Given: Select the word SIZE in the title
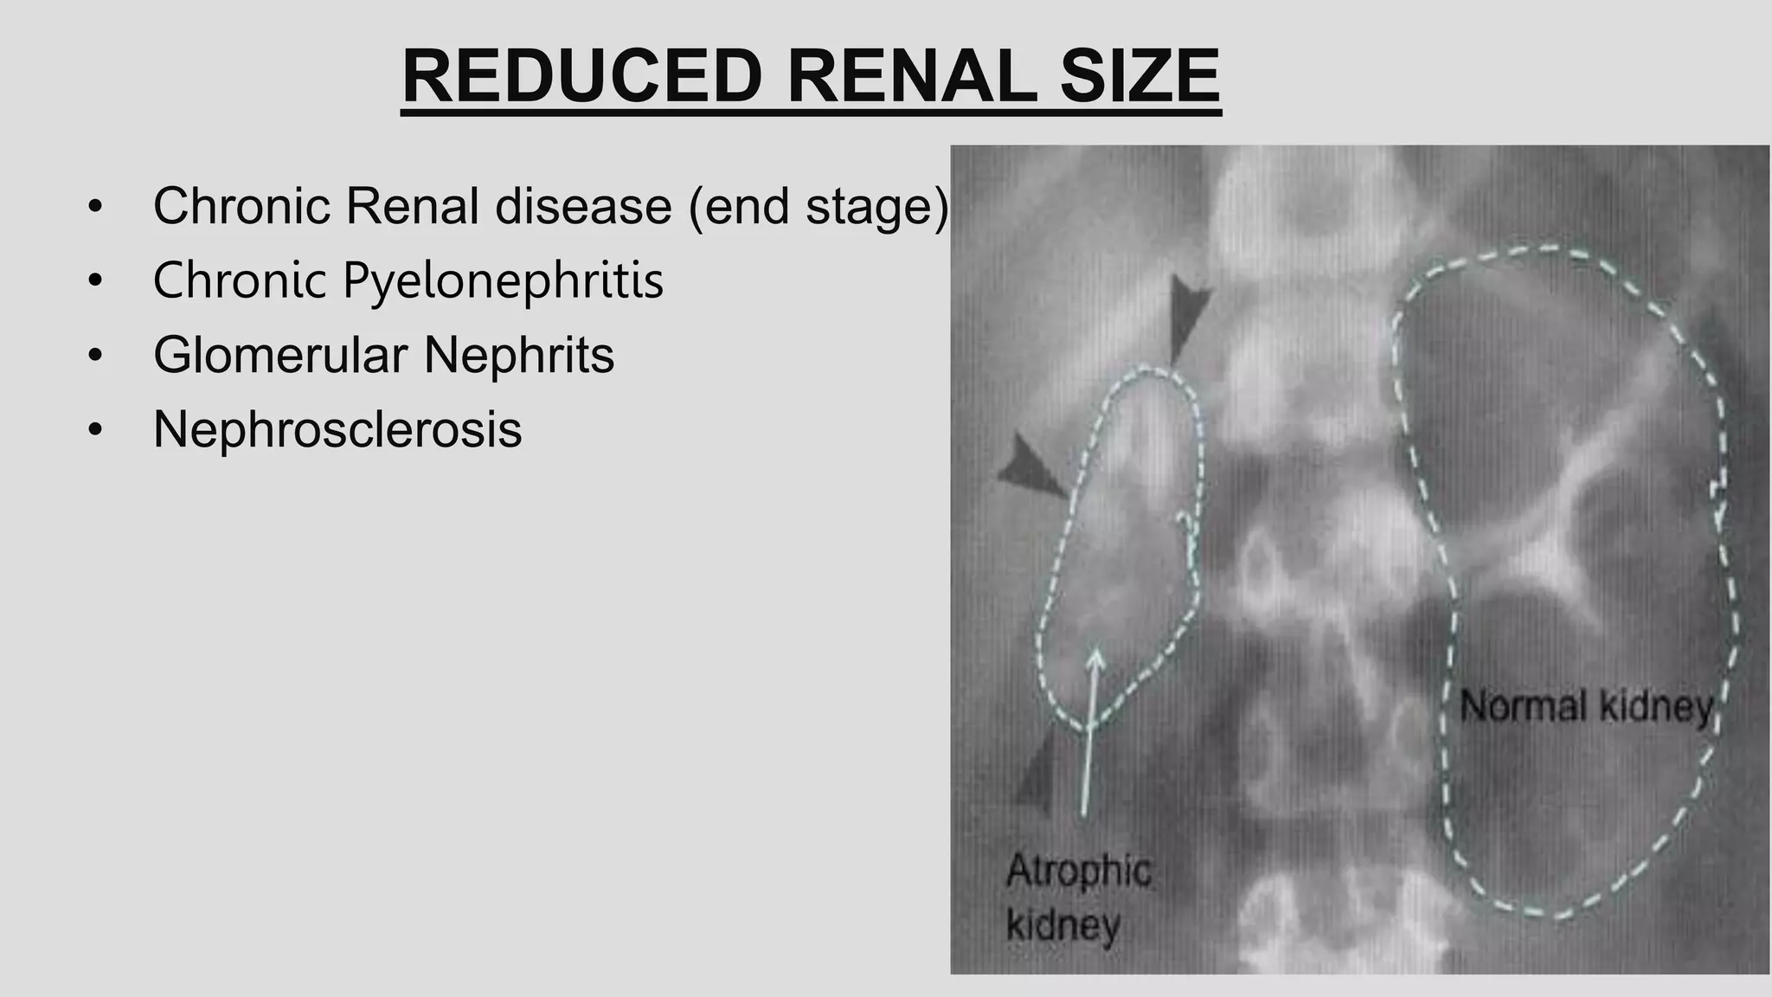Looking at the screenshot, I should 1140,78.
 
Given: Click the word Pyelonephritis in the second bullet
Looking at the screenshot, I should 503,280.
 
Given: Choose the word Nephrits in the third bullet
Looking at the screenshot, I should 518,355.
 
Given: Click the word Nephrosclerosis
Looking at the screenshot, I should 337,429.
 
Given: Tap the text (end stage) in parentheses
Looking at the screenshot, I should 818,206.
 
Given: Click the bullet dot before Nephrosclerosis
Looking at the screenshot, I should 95,430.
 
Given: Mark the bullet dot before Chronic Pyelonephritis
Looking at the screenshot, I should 95,281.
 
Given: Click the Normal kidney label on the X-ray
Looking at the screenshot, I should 1586,707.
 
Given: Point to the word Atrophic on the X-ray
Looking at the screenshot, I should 1078,871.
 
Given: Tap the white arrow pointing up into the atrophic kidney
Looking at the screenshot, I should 1089,727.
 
